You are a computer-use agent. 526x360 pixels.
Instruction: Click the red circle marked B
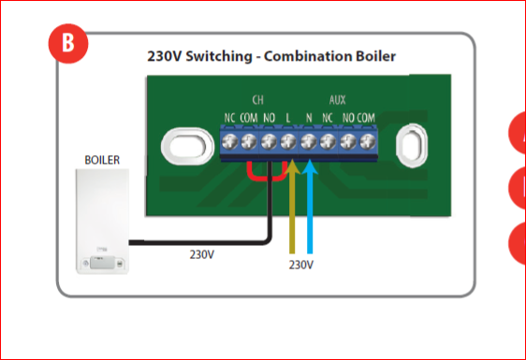tap(68, 44)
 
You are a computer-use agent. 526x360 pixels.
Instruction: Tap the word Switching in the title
tap(219, 56)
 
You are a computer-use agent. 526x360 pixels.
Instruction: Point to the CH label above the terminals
tap(258, 100)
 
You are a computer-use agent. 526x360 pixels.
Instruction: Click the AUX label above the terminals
tap(337, 100)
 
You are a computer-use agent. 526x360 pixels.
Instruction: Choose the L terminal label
tap(288, 118)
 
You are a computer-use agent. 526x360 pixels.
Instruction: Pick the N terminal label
tap(309, 118)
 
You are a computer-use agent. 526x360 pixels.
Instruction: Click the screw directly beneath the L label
tap(288, 142)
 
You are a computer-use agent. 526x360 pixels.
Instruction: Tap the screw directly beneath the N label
tap(308, 142)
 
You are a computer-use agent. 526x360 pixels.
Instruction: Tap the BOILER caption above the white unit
tap(102, 160)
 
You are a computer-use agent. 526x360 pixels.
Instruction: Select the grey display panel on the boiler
tap(102, 262)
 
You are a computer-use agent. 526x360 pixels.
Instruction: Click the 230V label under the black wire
tap(201, 254)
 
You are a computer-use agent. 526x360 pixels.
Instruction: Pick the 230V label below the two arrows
tap(301, 266)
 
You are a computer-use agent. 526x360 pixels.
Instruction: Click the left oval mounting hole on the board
tap(187, 147)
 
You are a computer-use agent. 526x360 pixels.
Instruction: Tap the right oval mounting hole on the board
tap(412, 146)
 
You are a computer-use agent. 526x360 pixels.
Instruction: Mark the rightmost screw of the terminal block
tap(368, 142)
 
